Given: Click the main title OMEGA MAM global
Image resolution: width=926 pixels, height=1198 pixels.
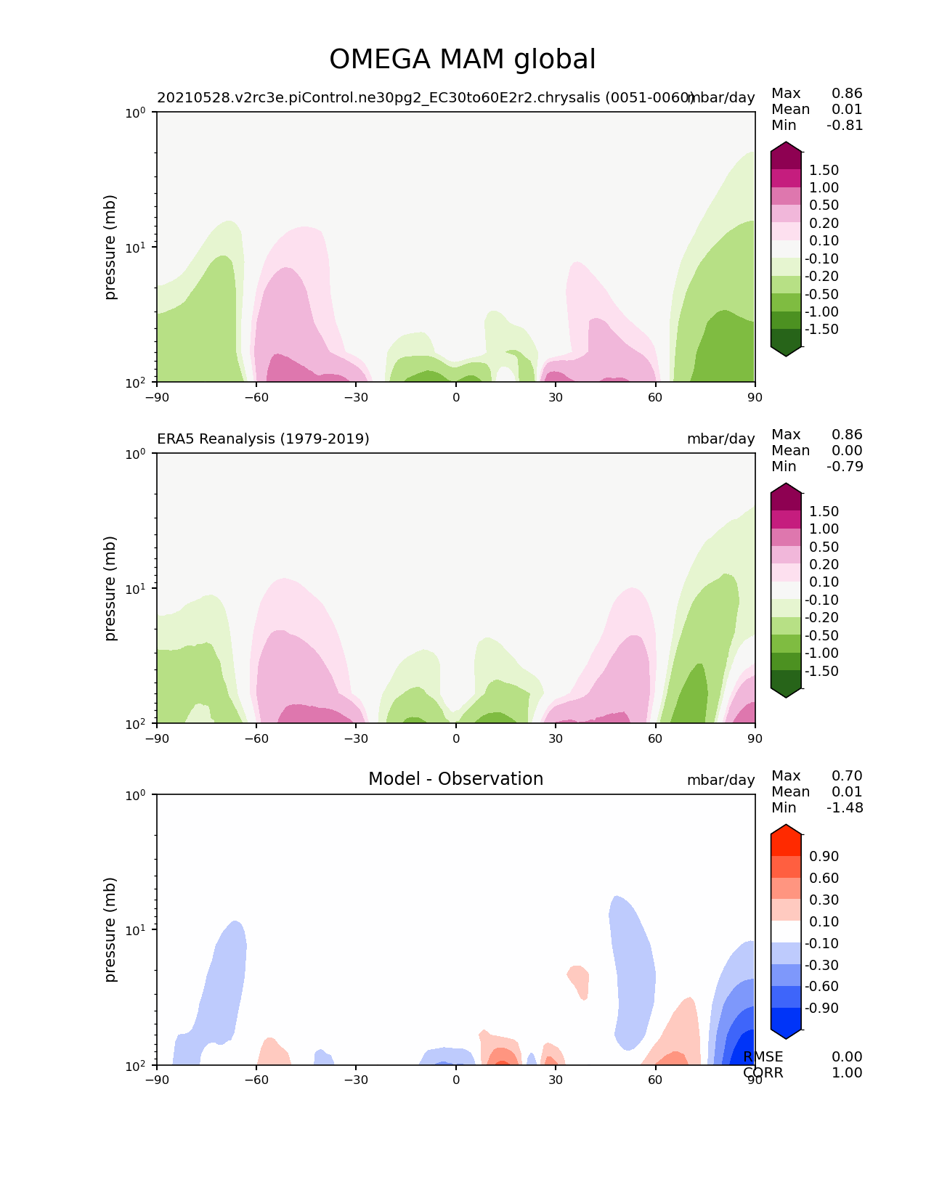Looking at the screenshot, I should tap(463, 60).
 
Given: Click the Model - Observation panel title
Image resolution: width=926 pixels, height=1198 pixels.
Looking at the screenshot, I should tap(455, 779).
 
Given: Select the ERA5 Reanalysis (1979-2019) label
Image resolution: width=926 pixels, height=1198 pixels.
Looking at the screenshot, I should tap(263, 439).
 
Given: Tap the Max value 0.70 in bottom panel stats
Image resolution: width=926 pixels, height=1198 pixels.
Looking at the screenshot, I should tap(847, 775).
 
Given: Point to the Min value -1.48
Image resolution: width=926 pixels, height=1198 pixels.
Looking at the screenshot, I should tap(845, 807).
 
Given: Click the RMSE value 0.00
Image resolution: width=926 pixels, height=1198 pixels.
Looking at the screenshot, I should tap(847, 1056).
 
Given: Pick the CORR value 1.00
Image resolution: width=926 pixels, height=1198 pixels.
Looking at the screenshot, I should tap(847, 1072).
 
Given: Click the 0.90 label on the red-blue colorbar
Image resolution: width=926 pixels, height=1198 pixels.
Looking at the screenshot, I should tap(824, 856).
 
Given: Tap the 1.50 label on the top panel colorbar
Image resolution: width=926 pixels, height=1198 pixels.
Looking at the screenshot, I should tap(824, 170).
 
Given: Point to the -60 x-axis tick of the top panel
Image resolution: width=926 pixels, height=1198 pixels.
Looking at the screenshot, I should tap(256, 396).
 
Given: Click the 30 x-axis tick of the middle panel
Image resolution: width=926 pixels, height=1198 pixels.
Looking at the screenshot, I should tap(556, 738).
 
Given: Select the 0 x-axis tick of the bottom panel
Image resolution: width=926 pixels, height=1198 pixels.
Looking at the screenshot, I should tap(456, 1080).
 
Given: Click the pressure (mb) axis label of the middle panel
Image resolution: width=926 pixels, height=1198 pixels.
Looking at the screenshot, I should tap(110, 588).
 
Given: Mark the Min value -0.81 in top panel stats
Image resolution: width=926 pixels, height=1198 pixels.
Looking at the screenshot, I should tap(845, 125).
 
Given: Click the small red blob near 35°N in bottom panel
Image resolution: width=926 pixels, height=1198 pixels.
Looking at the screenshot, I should tap(579, 980).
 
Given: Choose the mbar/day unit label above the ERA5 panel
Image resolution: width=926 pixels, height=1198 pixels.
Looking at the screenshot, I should tap(720, 439).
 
